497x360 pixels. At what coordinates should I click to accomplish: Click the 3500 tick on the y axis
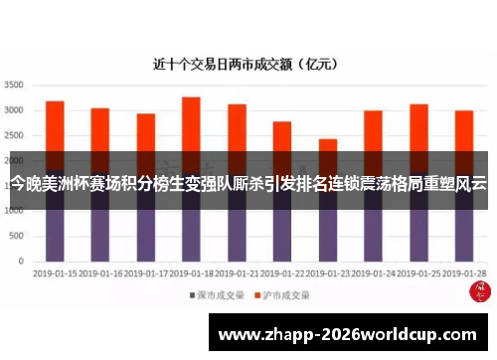(x=14, y=85)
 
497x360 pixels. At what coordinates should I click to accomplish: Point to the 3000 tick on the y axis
(x=14, y=109)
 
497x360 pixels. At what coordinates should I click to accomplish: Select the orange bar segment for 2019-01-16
(x=100, y=129)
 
